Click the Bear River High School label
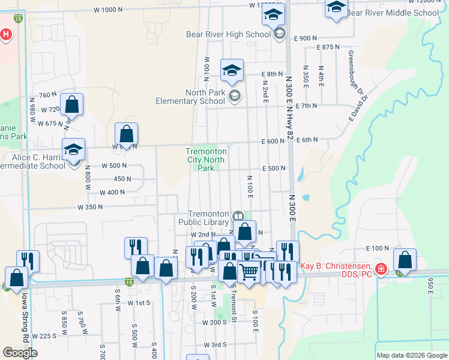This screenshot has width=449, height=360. pyautogui.click(x=228, y=34)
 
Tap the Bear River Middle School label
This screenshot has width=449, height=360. pyautogui.click(x=393, y=13)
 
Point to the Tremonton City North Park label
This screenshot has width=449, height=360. pyautogui.click(x=205, y=160)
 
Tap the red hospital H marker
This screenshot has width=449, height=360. pyautogui.click(x=5, y=34)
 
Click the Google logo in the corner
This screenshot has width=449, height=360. pyautogui.click(x=20, y=352)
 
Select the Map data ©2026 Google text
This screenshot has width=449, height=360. pyautogui.click(x=412, y=355)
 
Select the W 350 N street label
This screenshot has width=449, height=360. pyautogui.click(x=91, y=207)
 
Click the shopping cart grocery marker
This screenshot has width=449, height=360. pyautogui.click(x=249, y=272)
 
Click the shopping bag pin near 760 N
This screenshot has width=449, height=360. pyautogui.click(x=72, y=105)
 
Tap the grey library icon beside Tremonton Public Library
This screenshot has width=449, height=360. pyautogui.click(x=238, y=215)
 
